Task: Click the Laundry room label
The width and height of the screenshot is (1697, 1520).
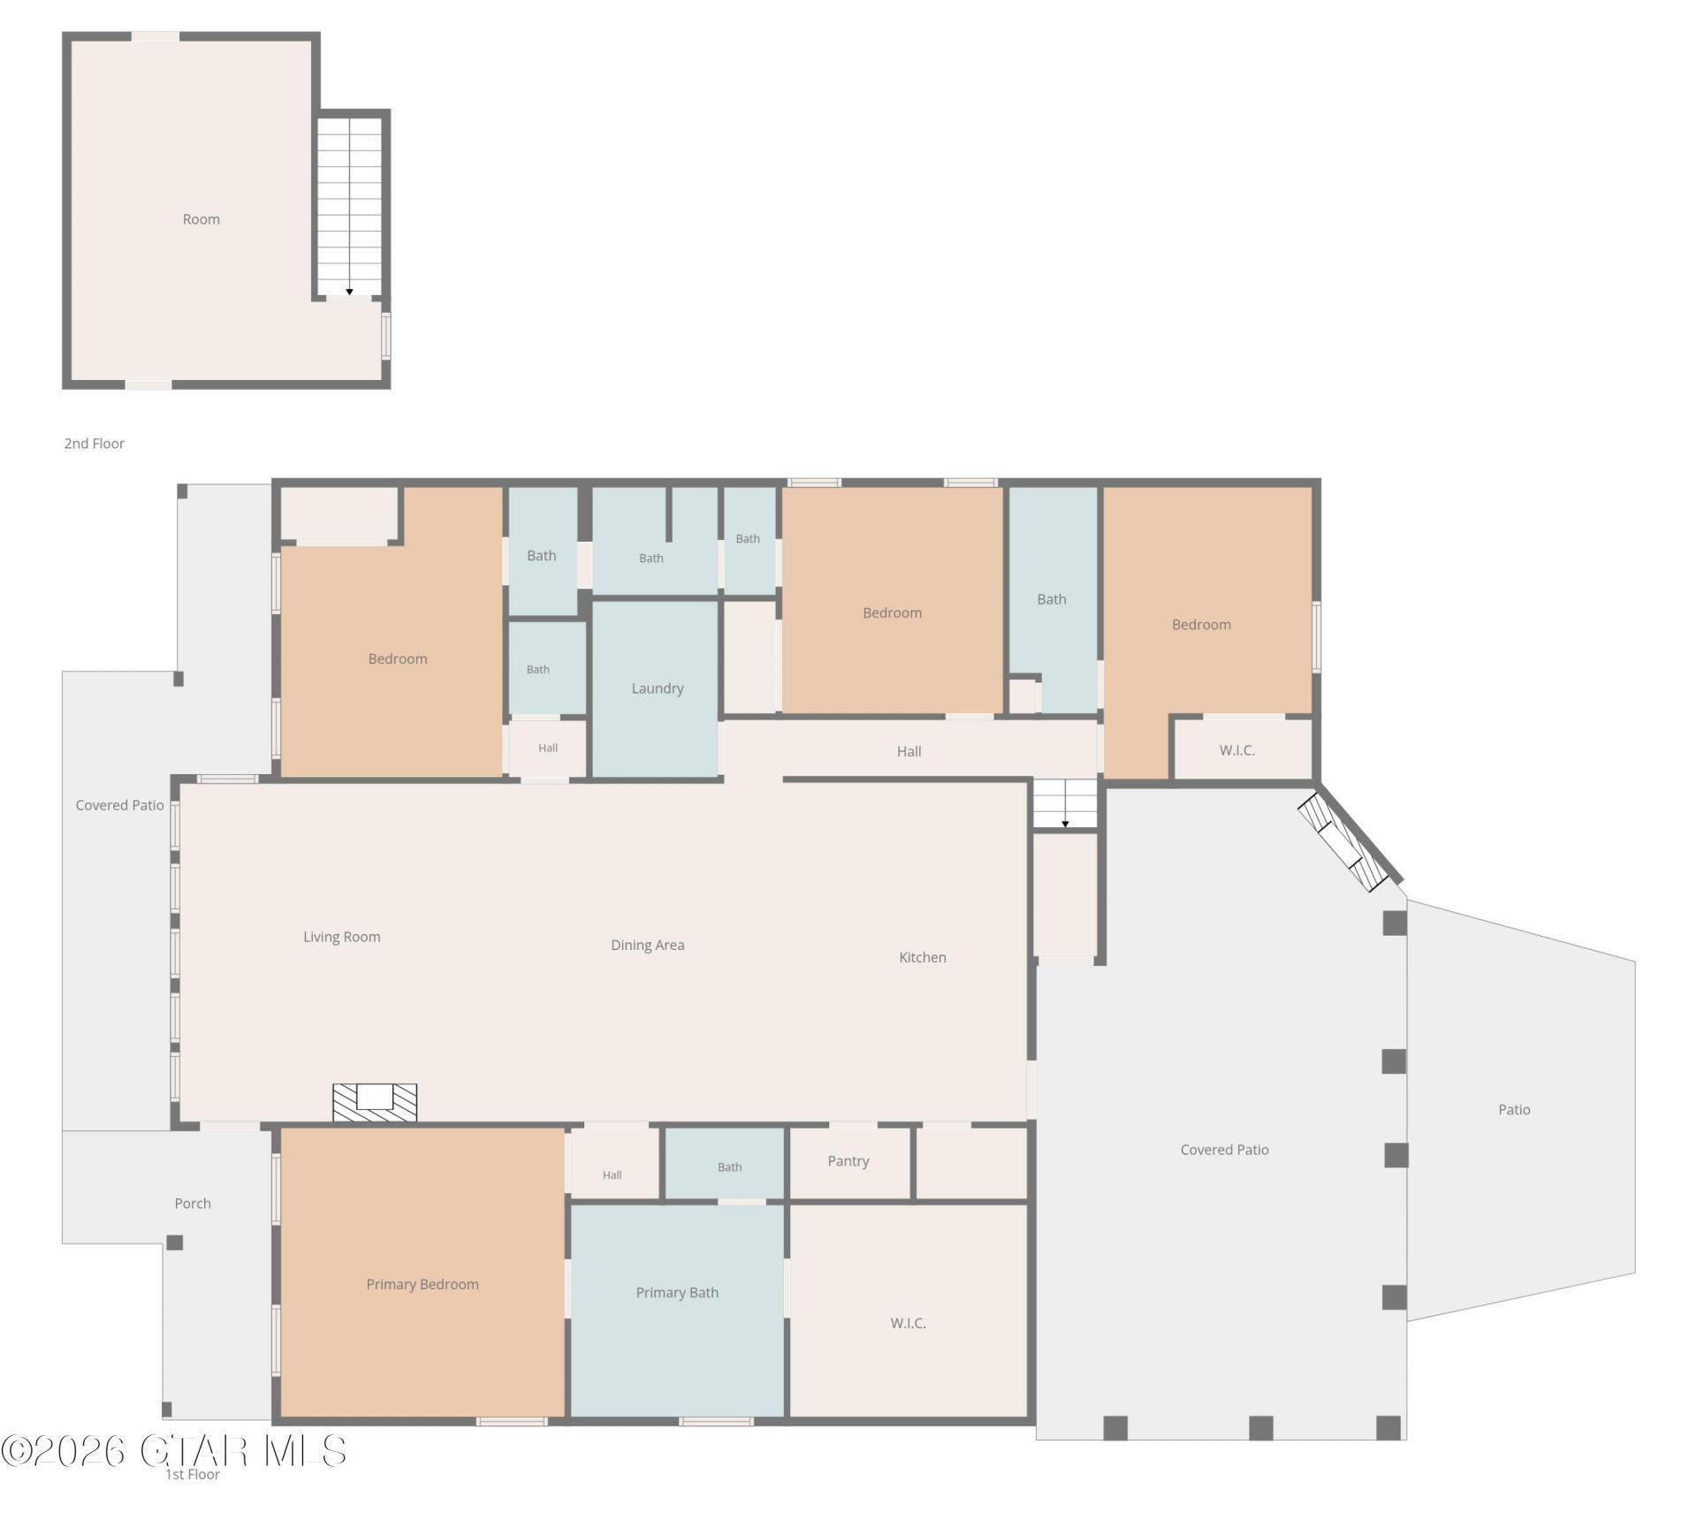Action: click(657, 688)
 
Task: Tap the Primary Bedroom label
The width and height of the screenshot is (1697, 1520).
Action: click(422, 1284)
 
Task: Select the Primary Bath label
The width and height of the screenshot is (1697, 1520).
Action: click(677, 1292)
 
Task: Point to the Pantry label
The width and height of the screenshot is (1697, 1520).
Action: click(848, 1161)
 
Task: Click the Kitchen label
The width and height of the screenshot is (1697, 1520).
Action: click(923, 957)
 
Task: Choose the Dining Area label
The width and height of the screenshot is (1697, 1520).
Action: click(648, 945)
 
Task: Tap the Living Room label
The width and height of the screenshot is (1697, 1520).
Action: click(342, 937)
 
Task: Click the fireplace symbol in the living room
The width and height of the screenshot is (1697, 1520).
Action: click(375, 1103)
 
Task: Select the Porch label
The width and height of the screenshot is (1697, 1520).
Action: click(193, 1203)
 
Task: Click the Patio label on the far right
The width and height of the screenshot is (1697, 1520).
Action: click(1514, 1109)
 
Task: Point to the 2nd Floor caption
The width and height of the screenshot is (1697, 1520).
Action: click(95, 443)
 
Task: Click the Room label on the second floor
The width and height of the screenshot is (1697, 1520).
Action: click(202, 219)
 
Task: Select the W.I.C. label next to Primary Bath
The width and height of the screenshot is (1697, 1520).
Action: click(909, 1323)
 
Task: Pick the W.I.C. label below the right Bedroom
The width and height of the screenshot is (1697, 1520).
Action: click(1237, 750)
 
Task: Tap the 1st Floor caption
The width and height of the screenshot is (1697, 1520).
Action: click(193, 1473)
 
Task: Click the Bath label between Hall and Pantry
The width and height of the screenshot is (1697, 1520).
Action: click(730, 1167)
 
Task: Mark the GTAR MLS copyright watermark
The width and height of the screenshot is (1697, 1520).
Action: click(173, 1450)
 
